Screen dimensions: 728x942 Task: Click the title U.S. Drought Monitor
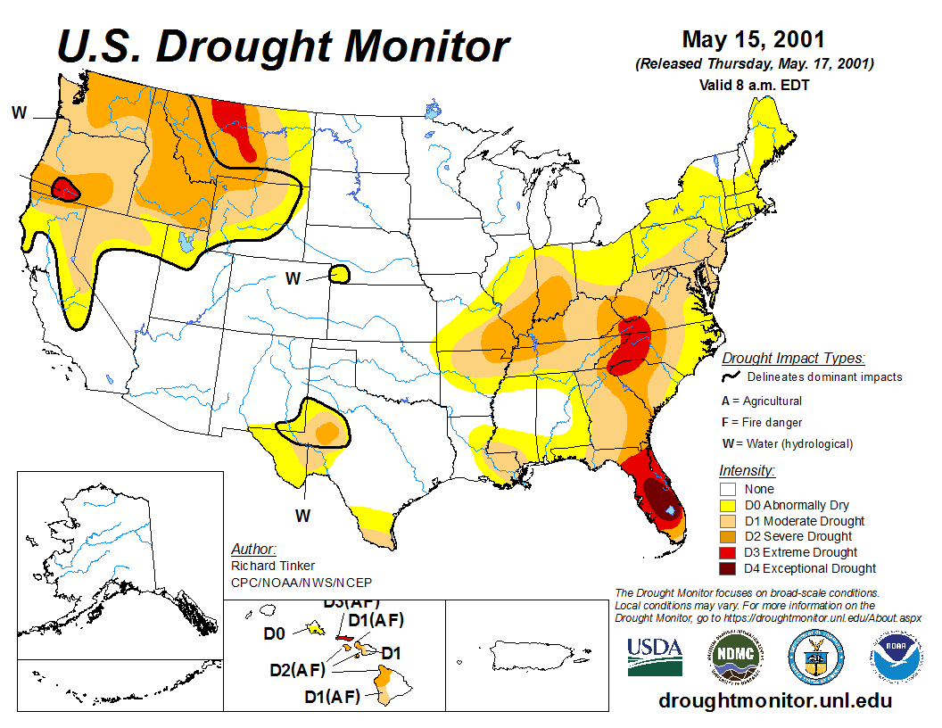(x=283, y=46)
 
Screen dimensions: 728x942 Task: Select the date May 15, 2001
(x=753, y=40)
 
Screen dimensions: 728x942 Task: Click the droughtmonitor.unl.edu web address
(x=774, y=700)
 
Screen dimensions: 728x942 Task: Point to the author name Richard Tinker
(x=268, y=566)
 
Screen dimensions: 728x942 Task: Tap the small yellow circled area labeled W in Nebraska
(x=340, y=274)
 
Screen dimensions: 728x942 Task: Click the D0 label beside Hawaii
(x=274, y=633)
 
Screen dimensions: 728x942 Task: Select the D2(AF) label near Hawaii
(x=298, y=670)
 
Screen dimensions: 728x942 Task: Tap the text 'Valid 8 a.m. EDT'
(x=754, y=85)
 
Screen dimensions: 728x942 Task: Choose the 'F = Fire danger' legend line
(x=761, y=422)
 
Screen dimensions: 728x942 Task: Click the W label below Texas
(x=302, y=516)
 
